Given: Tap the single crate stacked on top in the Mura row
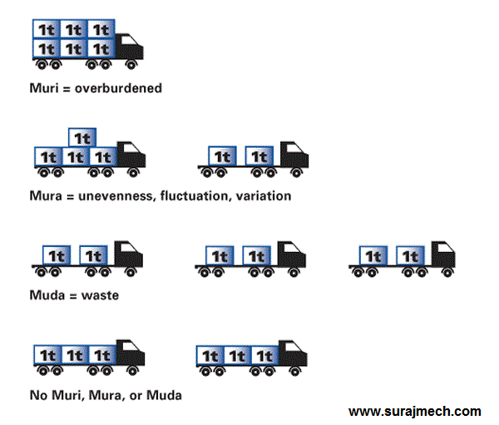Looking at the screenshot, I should (x=82, y=138).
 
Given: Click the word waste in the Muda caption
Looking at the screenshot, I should (x=101, y=294).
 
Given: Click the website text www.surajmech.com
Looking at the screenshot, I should (x=414, y=411).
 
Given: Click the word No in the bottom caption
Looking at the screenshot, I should (x=38, y=395).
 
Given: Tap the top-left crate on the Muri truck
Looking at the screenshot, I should (x=47, y=28).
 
